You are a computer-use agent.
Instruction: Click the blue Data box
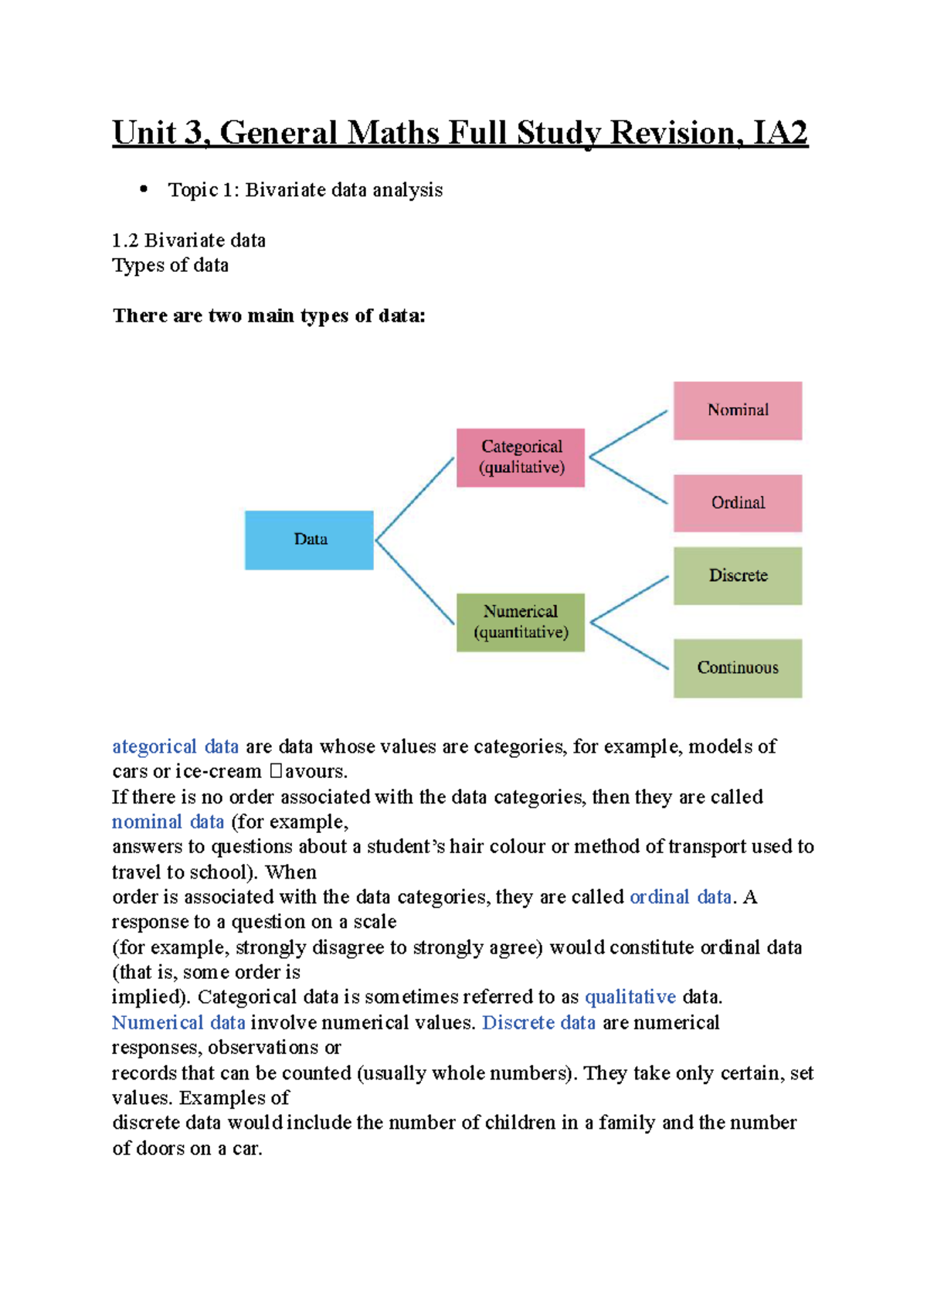click(x=309, y=540)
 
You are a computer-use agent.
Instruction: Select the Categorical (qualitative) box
click(x=520, y=457)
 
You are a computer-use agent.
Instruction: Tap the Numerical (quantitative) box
click(x=520, y=623)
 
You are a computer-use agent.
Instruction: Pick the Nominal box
click(x=737, y=410)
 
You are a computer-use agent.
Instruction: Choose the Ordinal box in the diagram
click(x=737, y=503)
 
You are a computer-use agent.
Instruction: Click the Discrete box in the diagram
click(x=737, y=576)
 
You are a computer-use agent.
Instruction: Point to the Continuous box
click(x=737, y=668)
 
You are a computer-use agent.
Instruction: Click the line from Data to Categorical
click(x=415, y=498)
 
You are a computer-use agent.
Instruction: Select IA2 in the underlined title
click(x=780, y=133)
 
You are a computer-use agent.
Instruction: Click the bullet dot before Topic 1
click(x=143, y=189)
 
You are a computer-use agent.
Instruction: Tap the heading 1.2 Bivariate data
click(x=188, y=240)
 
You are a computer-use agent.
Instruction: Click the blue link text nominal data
click(x=168, y=821)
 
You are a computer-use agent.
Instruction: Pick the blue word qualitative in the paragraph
click(x=630, y=997)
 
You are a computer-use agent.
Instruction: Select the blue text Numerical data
click(x=178, y=1022)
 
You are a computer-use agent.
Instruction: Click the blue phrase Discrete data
click(x=538, y=1022)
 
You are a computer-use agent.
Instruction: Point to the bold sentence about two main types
click(x=269, y=316)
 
